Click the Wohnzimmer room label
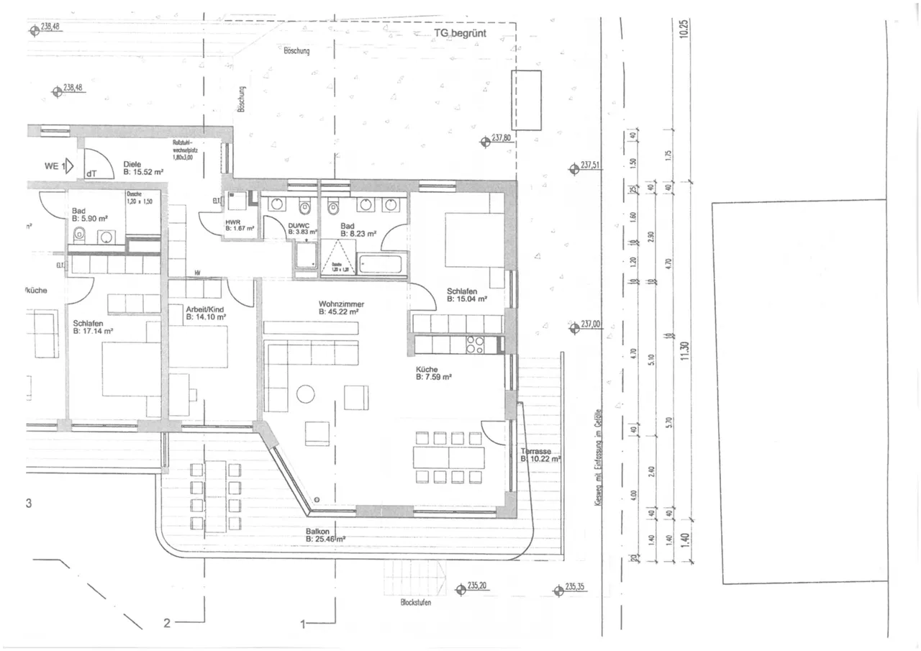click(x=341, y=304)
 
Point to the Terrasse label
click(x=536, y=451)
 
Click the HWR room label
click(x=232, y=222)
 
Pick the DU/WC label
click(x=299, y=225)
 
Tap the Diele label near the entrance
click(x=132, y=163)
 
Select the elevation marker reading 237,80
click(x=501, y=137)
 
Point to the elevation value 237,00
click(x=591, y=324)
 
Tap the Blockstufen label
click(x=416, y=603)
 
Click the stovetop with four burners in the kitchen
click(x=475, y=345)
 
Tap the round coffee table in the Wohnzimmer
click(x=306, y=393)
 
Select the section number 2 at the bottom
click(x=167, y=623)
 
